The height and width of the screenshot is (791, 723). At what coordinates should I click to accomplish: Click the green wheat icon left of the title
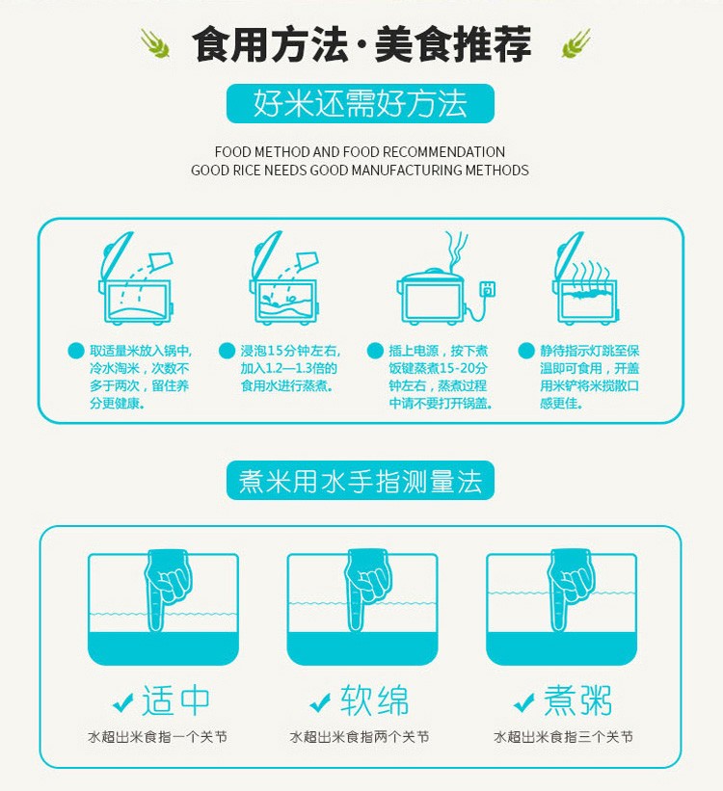pyautogui.click(x=155, y=43)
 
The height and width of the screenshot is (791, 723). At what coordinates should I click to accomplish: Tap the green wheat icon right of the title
pyautogui.click(x=576, y=43)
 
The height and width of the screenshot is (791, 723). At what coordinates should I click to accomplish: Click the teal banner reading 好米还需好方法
pyautogui.click(x=360, y=103)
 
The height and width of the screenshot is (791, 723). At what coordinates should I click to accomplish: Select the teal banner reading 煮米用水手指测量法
pyautogui.click(x=360, y=480)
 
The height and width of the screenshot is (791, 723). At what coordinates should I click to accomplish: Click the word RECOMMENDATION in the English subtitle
pyautogui.click(x=443, y=152)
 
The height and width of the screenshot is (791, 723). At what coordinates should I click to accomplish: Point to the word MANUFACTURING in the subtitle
pyautogui.click(x=407, y=170)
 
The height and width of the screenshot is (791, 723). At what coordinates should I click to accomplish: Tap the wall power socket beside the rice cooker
pyautogui.click(x=487, y=289)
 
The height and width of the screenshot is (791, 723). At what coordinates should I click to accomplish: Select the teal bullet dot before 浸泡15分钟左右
pyautogui.click(x=227, y=351)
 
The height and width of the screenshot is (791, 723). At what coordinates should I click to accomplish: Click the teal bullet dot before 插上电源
pyautogui.click(x=375, y=351)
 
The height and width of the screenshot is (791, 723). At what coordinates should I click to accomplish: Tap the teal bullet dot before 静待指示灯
pyautogui.click(x=526, y=351)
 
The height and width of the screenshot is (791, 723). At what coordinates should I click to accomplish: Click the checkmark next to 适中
pyautogui.click(x=122, y=701)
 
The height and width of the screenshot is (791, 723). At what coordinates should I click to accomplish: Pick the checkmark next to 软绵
pyautogui.click(x=320, y=701)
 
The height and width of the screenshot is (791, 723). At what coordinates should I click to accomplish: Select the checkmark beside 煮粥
pyautogui.click(x=523, y=701)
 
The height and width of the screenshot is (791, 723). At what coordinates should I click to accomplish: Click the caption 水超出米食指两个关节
pyautogui.click(x=360, y=737)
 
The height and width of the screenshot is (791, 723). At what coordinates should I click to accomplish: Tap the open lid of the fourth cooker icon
pyautogui.click(x=569, y=255)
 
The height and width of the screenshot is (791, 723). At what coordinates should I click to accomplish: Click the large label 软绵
pyautogui.click(x=374, y=700)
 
